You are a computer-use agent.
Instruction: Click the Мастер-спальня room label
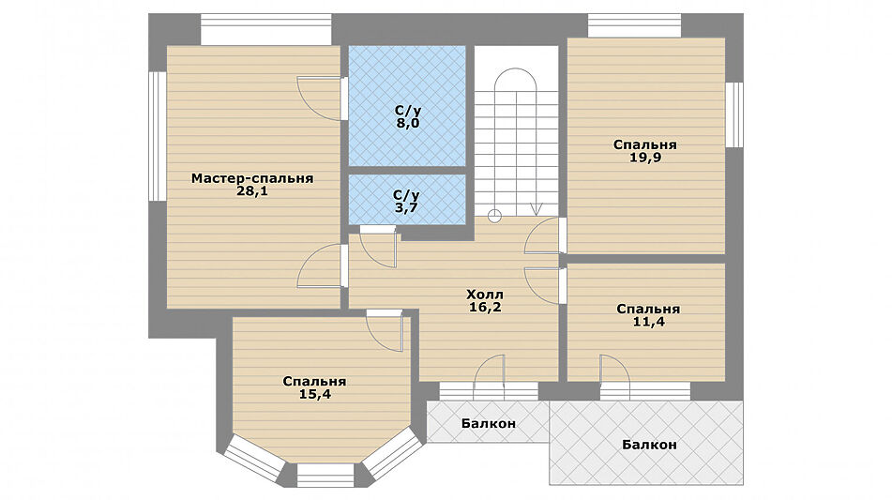252,178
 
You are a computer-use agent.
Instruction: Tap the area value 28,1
252,191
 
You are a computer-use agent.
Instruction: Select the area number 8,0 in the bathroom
408,124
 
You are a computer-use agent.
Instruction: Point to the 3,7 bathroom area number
406,207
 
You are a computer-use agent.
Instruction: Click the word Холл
485,295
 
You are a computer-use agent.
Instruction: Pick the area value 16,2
485,308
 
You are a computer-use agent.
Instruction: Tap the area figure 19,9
645,158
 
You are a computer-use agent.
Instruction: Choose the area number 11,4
648,322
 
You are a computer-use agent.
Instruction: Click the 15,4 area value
314,394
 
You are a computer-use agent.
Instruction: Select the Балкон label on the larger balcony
649,445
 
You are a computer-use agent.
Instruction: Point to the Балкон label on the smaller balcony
489,423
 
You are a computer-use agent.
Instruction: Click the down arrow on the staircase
536,208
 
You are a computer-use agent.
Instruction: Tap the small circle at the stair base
495,216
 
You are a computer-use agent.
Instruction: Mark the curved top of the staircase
515,69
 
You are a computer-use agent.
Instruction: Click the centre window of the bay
325,475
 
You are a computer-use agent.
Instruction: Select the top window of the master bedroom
265,29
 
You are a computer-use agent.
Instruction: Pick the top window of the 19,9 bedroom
634,25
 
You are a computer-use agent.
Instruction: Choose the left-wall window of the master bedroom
158,136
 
